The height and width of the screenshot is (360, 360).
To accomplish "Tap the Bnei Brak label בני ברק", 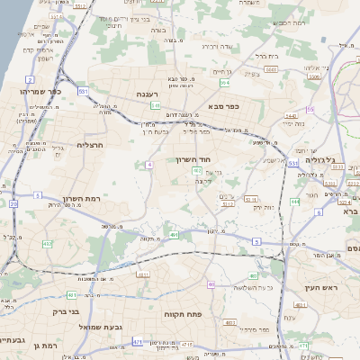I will tap(61, 312).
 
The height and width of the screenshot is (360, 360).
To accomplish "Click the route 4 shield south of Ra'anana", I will tap(148, 165).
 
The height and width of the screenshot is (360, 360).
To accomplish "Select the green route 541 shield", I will tap(155, 105).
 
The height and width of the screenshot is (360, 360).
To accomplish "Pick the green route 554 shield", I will tap(223, 83).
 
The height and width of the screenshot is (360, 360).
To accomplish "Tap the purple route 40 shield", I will tap(211, 284).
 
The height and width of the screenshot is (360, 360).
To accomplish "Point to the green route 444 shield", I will tap(294, 202).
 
